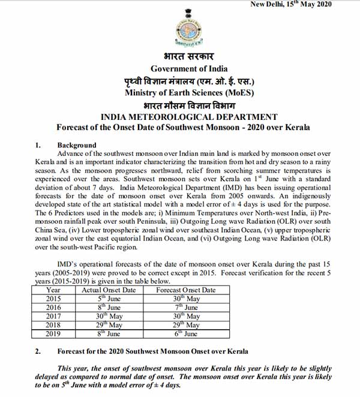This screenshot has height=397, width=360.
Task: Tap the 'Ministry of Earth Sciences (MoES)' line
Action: (x=189, y=93)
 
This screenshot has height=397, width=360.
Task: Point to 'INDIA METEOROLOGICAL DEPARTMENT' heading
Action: (x=189, y=117)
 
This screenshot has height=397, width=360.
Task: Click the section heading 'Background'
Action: (x=76, y=145)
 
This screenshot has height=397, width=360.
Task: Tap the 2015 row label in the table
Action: (x=53, y=299)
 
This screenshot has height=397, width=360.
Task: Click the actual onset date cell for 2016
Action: (x=108, y=307)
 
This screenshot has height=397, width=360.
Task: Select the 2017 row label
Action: (x=53, y=316)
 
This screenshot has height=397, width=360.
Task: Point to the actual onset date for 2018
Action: (x=108, y=324)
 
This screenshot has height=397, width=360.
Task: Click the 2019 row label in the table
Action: (x=53, y=333)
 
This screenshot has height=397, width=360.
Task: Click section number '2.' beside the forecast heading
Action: (x=38, y=351)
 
